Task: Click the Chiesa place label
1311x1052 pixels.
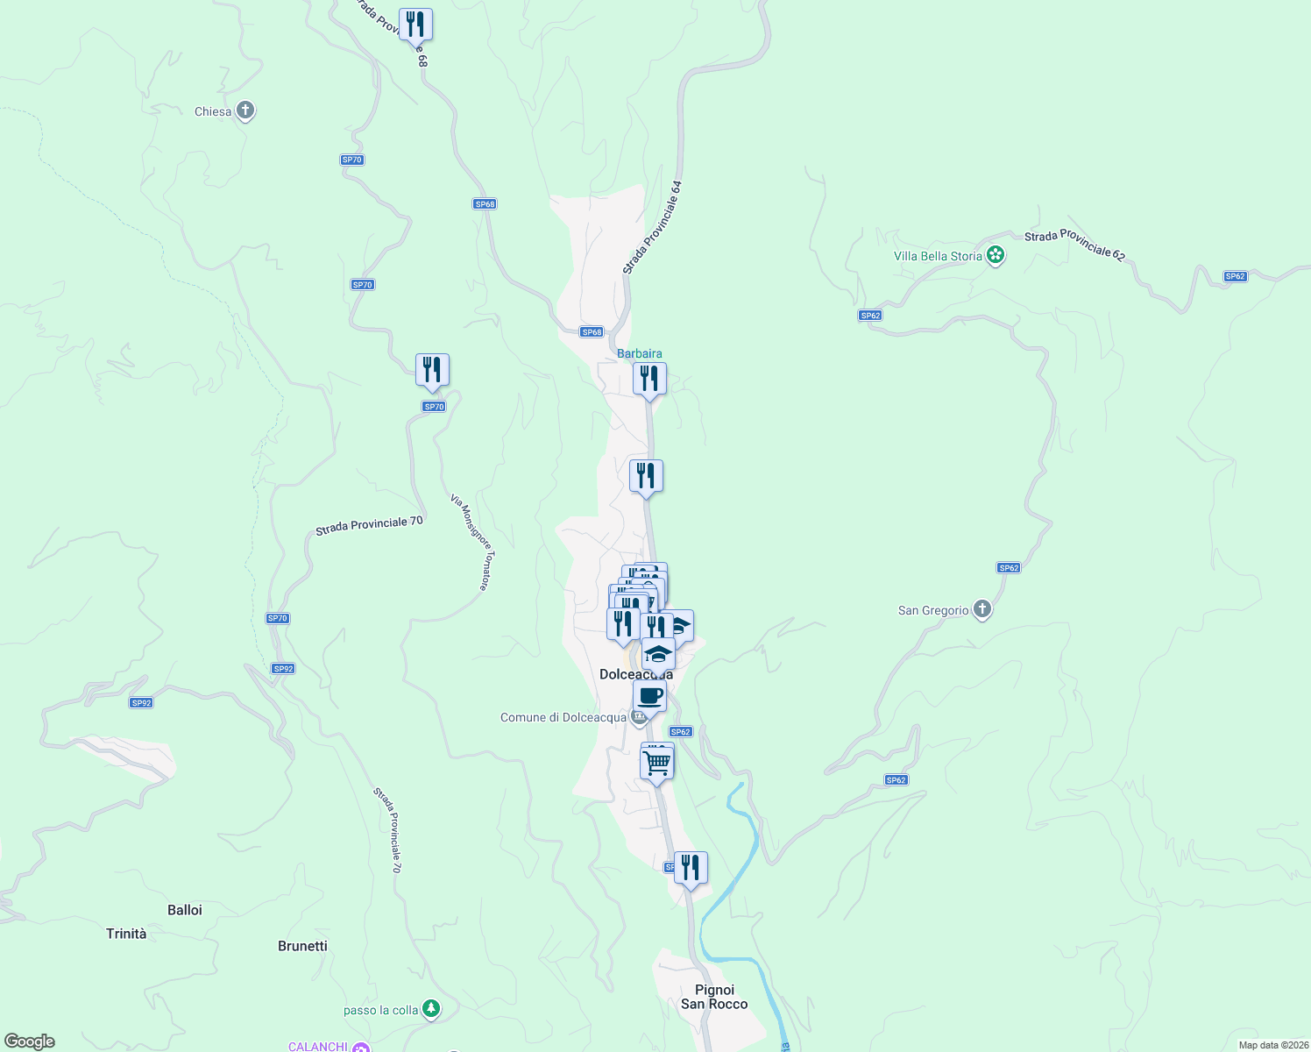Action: (x=213, y=111)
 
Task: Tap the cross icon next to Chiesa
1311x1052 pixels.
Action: (x=246, y=110)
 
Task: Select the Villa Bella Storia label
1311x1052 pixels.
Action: (x=938, y=256)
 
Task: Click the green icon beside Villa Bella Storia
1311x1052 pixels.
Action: (x=995, y=255)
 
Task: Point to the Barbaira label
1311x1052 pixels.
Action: (x=640, y=353)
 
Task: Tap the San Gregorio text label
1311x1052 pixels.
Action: (x=933, y=610)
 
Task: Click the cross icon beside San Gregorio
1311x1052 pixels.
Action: (x=982, y=609)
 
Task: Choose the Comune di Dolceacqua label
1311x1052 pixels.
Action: (x=563, y=717)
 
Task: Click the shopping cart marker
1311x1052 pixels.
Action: (x=657, y=762)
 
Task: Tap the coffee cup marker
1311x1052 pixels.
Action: (x=650, y=697)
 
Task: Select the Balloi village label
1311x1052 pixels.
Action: (x=185, y=910)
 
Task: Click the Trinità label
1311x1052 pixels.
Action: (x=126, y=934)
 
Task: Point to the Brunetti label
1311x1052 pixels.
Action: (x=302, y=946)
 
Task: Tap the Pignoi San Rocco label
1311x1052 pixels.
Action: (x=714, y=997)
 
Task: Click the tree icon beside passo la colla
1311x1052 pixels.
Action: (x=430, y=1009)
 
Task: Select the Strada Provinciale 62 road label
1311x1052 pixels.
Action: (x=1074, y=245)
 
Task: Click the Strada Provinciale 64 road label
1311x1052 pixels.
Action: (x=652, y=228)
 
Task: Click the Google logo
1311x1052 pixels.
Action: (x=30, y=1041)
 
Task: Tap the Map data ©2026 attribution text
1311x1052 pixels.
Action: (x=1272, y=1045)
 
